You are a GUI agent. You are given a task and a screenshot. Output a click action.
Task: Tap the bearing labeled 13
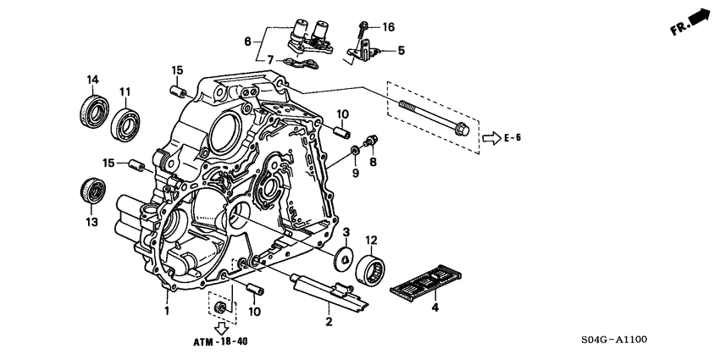coord(91,191)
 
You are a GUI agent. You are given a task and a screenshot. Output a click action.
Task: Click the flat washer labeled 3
coord(344,256)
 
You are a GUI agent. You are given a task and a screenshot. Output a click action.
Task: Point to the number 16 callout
coord(389,28)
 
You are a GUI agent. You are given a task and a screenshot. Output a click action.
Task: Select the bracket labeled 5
coord(364,53)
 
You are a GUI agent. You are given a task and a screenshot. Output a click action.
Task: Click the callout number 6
coord(248,40)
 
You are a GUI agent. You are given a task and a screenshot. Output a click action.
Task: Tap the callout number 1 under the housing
coord(167,311)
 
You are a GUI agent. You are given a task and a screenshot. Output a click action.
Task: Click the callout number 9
coord(356,173)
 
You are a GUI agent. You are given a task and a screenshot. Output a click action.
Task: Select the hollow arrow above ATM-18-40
coord(221,326)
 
